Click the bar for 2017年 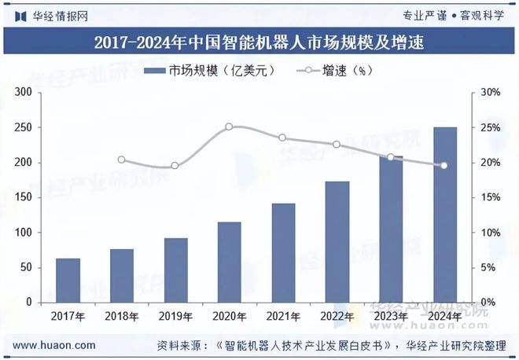[x=68, y=281]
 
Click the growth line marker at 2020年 [x=229, y=127]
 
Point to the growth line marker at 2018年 [x=121, y=160]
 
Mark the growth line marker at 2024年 [x=444, y=166]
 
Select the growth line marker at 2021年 [x=282, y=138]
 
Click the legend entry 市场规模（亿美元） [x=209, y=71]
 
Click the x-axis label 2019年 [x=175, y=317]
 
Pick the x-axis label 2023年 [x=391, y=317]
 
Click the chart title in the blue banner [x=259, y=43]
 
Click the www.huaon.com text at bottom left [x=55, y=345]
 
